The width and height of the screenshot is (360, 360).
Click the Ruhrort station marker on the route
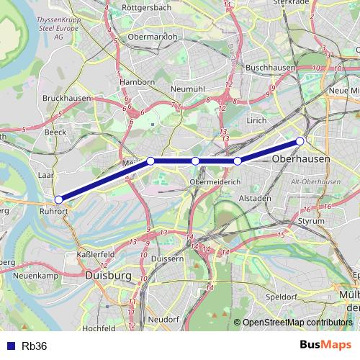pos(58,200)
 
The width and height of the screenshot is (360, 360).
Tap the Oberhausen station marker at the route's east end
pos(300,140)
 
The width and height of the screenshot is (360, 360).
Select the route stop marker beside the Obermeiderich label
pos(195,161)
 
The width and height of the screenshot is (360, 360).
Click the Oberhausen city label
pos(302,158)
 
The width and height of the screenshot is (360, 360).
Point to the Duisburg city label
pos(108,275)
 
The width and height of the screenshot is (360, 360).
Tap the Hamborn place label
pos(138,82)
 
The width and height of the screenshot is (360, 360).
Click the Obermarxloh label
pos(151,36)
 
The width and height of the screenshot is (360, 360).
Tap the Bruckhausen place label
pos(66,97)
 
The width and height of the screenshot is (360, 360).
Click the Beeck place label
pos(55,132)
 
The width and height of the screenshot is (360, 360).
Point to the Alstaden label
pos(255,197)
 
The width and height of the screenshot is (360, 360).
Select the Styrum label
pos(311,220)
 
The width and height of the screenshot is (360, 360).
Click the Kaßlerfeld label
pos(96,255)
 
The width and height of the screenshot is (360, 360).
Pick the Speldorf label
pos(281,296)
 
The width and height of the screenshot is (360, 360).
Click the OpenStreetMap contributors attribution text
pos(297,323)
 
